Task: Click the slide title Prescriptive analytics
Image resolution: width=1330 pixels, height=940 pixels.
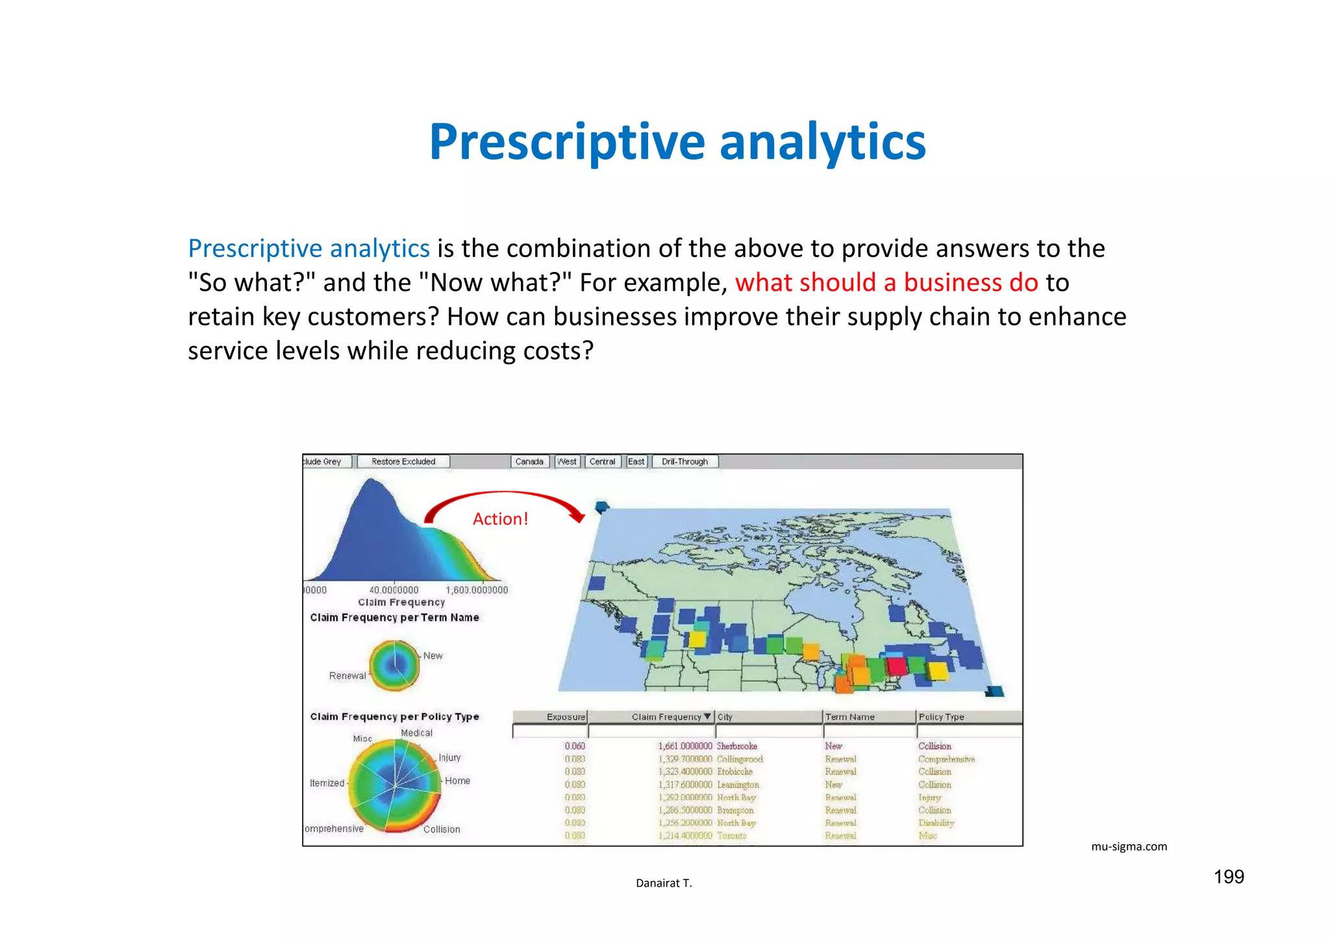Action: tap(677, 142)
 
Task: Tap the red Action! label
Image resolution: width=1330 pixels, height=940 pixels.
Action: tap(500, 519)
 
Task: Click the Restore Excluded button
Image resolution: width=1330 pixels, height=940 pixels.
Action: tap(403, 462)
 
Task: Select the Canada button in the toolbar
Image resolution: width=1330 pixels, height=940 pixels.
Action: tap(529, 462)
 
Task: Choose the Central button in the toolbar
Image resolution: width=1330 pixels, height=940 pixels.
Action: tap(602, 462)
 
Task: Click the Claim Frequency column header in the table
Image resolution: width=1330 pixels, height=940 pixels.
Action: tap(667, 717)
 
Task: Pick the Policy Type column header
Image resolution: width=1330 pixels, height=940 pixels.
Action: tap(942, 717)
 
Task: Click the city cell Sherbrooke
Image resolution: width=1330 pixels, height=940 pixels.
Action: tap(737, 747)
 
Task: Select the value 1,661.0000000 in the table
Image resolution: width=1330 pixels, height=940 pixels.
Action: tap(685, 747)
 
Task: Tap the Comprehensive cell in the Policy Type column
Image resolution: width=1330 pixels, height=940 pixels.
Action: tap(946, 759)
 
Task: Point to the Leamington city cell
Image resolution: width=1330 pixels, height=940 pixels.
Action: tap(738, 785)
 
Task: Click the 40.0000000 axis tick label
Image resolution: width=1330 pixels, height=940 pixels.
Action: tap(394, 590)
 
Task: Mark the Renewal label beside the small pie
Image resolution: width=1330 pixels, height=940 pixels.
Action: tap(347, 676)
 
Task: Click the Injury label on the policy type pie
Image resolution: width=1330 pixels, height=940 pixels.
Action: tap(449, 758)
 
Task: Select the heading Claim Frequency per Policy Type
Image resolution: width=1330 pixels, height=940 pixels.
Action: tap(394, 717)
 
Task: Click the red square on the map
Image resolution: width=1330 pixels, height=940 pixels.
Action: tap(897, 665)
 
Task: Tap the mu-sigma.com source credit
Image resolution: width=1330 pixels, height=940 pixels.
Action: tap(1129, 847)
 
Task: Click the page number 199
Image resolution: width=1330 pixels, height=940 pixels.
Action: tap(1229, 877)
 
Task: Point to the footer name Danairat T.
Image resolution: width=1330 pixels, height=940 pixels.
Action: tap(664, 883)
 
